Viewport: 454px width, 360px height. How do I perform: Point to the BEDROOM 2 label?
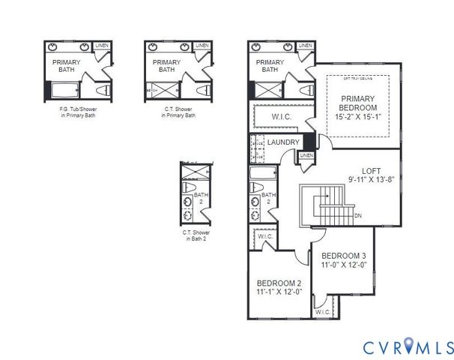coord(279,283)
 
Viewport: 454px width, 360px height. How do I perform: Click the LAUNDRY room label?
coord(283,142)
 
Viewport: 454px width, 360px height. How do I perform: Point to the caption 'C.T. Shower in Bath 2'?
coord(194,235)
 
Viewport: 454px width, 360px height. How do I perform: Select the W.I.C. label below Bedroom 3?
coord(322,311)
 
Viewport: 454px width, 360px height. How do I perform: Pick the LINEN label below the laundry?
coord(306,155)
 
